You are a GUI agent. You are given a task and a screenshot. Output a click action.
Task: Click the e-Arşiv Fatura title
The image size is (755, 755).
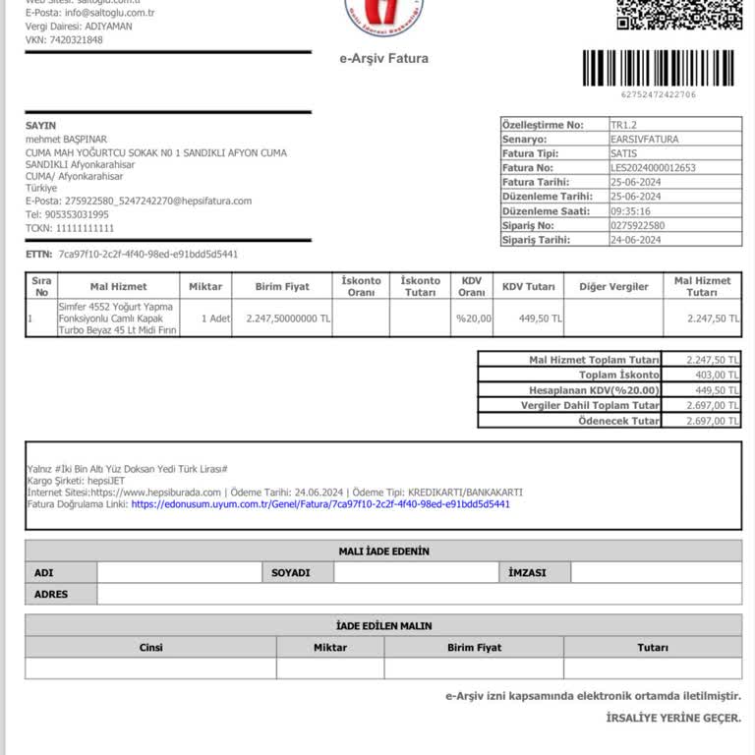pos(383,59)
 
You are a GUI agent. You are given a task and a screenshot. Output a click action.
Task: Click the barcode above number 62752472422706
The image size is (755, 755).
pos(658,68)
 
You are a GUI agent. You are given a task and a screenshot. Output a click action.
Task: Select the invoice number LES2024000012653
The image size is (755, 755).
pos(653,168)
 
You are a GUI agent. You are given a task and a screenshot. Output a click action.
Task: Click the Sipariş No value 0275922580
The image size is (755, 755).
pos(637,225)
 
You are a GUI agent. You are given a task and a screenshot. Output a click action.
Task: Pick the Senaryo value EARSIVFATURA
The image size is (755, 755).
pos(644,140)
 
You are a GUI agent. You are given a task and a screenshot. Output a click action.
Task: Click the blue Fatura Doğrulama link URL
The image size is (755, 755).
pos(320,504)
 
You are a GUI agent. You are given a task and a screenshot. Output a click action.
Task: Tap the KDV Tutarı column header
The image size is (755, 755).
pos(527,287)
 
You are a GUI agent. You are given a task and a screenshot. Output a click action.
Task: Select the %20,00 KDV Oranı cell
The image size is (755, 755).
pos(472,319)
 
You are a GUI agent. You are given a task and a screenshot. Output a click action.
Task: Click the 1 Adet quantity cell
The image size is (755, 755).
pos(215,319)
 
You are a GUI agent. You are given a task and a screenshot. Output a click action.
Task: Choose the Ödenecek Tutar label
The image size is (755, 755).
pos(618,421)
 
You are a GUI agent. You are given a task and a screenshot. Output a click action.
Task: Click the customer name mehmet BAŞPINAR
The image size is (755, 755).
pos(66,140)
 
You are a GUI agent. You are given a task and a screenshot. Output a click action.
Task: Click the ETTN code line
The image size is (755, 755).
pos(132,254)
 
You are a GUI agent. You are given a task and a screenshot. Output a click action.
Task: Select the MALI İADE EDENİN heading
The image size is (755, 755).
pos(383,552)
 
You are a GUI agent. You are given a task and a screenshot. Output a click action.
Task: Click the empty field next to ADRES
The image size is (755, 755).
pos(419,595)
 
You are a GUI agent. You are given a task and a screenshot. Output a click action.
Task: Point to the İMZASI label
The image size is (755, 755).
pos(527,572)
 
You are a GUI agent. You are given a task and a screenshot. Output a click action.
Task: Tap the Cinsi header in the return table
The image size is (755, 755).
pos(150,648)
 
